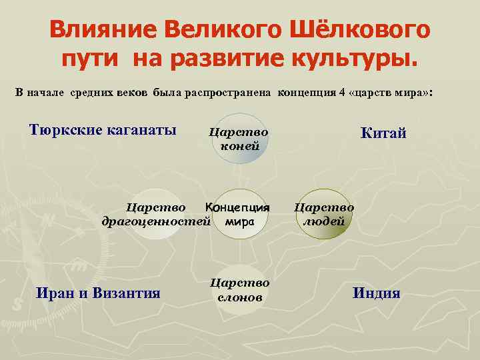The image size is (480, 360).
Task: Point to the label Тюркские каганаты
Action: [x=103, y=129]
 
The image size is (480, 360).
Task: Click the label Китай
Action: [x=383, y=134]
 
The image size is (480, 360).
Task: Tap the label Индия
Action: [x=377, y=293]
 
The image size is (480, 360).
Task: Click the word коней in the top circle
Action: [x=239, y=146]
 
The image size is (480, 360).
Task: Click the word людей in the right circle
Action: [x=324, y=221]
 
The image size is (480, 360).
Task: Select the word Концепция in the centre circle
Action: [x=237, y=207]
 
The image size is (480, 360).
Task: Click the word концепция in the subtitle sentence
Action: [x=306, y=92]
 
